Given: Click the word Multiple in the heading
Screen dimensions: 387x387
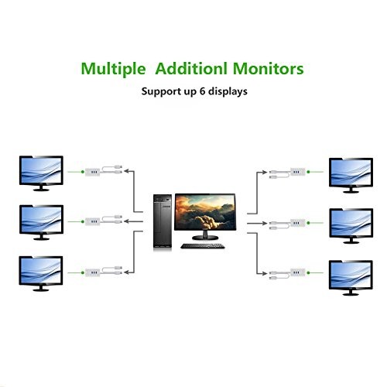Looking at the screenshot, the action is click(x=113, y=69).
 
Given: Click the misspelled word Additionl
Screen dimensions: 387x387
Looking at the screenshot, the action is click(x=191, y=68).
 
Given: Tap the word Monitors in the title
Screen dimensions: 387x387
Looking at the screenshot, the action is click(x=269, y=68).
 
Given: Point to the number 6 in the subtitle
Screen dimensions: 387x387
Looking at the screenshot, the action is click(x=203, y=91).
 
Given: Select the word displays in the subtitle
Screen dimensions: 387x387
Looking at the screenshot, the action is click(x=228, y=92).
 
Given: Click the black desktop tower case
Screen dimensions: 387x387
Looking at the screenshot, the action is click(x=163, y=222).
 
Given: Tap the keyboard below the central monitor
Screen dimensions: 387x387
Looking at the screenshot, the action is click(x=203, y=246).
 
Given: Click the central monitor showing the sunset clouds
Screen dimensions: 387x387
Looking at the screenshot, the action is click(x=205, y=216).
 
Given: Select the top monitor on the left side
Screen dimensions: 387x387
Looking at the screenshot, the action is click(x=41, y=173).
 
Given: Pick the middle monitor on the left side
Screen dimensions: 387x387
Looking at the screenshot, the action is click(x=41, y=222).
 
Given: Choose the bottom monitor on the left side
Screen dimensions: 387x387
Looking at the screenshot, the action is click(x=41, y=273).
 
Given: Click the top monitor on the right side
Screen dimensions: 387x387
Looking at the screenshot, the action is click(x=351, y=175).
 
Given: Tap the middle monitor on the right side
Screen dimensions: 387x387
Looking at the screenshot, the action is click(x=351, y=226).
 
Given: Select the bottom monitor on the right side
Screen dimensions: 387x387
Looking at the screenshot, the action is click(x=351, y=278).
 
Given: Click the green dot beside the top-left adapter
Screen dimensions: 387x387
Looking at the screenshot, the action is click(x=83, y=172).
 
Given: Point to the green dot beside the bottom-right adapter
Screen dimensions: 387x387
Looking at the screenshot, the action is click(x=308, y=272).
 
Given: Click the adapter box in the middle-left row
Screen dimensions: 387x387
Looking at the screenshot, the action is click(x=92, y=221).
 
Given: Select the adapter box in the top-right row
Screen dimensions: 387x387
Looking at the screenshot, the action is click(x=298, y=172).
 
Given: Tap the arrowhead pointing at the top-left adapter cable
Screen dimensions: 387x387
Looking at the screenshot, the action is click(x=126, y=171).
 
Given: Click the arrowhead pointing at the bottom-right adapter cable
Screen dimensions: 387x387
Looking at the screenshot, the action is click(x=265, y=273).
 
